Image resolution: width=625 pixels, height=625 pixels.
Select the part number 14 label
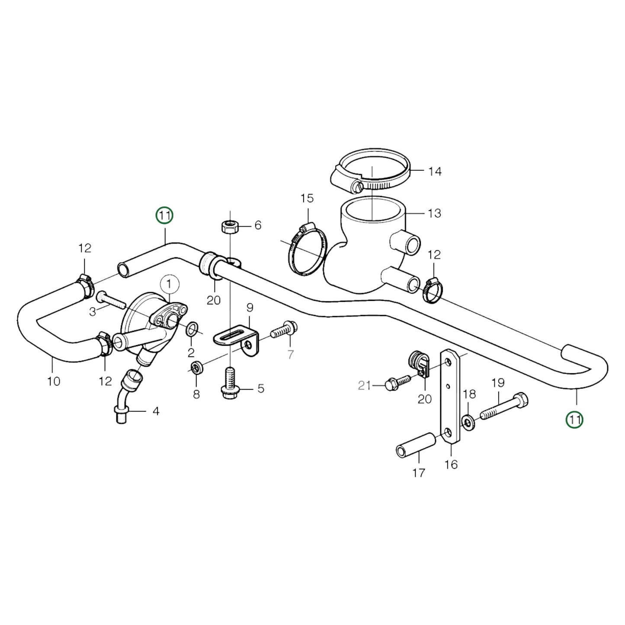[x=435, y=172]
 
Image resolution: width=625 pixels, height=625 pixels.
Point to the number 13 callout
[x=434, y=213]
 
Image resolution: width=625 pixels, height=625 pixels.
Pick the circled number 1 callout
[x=169, y=284]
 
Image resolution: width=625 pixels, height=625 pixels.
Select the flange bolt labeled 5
[x=230, y=385]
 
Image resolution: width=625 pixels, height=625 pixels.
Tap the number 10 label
[x=54, y=381]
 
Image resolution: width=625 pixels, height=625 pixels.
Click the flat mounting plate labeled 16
[x=450, y=398]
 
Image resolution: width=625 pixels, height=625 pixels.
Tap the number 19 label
[x=498, y=383]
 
